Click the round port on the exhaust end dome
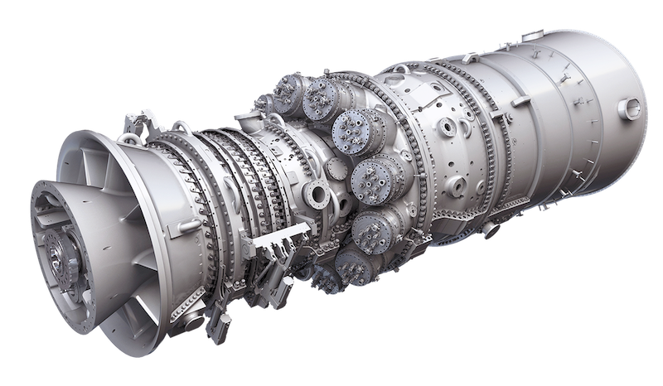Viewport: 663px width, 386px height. (632, 107)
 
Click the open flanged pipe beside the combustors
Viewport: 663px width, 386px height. (316, 196)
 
